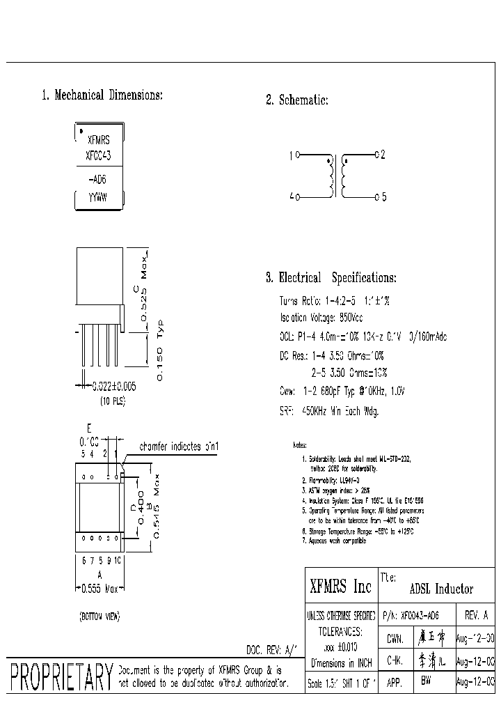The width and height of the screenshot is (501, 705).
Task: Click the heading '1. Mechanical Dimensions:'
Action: pyautogui.click(x=102, y=95)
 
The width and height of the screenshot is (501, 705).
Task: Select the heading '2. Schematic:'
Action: pyautogui.click(x=297, y=100)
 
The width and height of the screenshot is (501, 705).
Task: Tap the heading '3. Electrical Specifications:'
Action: pyautogui.click(x=331, y=278)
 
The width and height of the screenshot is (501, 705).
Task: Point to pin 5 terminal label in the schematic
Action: pyautogui.click(x=382, y=197)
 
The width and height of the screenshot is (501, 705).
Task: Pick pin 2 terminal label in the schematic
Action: pyautogui.click(x=382, y=154)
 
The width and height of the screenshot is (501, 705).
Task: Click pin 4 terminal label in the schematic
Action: pyautogui.click(x=292, y=197)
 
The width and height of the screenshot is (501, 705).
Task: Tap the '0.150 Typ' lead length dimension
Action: pyautogui.click(x=159, y=350)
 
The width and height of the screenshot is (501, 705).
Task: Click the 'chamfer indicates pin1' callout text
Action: pyautogui.click(x=180, y=446)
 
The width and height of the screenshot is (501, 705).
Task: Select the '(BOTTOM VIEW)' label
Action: pyautogui.click(x=99, y=617)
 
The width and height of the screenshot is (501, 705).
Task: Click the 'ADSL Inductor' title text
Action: pyautogui.click(x=442, y=589)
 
